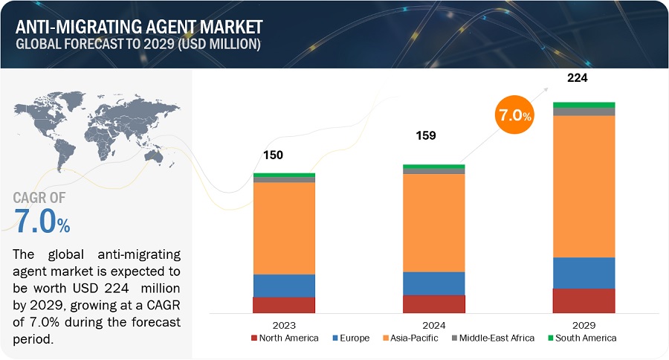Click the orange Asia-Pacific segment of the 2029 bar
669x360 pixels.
[584, 186]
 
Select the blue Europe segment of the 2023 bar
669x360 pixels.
[284, 286]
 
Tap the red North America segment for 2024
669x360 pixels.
[433, 303]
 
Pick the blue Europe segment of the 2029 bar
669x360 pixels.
[584, 273]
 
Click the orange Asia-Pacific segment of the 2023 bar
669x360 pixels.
[284, 228]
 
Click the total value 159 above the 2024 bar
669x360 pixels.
[425, 135]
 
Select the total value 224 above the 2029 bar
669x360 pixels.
[578, 77]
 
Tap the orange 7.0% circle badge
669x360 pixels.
[514, 115]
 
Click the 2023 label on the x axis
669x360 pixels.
[284, 325]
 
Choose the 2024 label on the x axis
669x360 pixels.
[433, 325]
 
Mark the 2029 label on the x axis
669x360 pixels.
[584, 325]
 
